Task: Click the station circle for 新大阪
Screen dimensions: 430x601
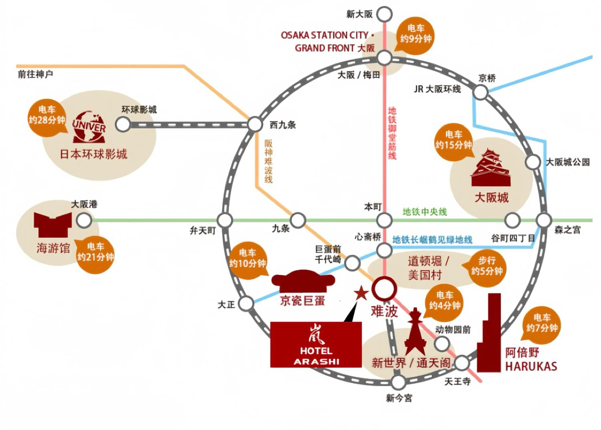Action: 384,14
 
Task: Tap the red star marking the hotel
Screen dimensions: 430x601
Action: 361,293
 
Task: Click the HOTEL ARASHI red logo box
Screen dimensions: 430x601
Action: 316,345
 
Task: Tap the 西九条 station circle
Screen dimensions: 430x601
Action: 255,124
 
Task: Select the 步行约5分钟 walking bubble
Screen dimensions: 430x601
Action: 487,266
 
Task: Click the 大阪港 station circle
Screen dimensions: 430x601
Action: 84,220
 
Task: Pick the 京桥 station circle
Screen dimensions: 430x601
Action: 480,92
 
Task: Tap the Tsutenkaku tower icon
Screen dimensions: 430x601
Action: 415,333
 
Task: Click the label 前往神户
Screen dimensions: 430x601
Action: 35,74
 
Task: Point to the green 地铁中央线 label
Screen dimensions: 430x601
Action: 425,212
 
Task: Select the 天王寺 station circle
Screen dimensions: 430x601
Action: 462,363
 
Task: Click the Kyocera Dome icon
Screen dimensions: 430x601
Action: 303,281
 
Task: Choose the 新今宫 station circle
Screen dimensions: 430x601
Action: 398,382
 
